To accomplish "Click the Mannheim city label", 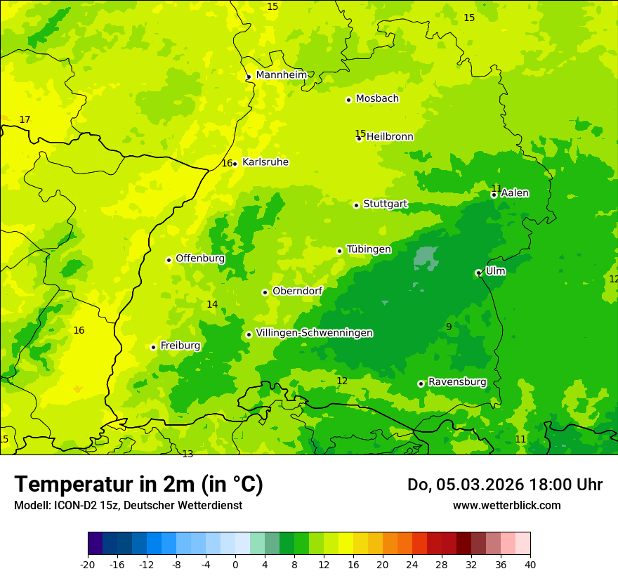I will tap(281, 75).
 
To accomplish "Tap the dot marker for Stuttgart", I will tap(356, 205).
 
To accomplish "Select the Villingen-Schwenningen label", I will tap(314, 333).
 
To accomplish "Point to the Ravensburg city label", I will tap(456, 382).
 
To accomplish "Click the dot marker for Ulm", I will tap(478, 273).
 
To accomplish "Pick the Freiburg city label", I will tap(180, 346).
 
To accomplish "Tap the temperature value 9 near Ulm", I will tap(449, 327).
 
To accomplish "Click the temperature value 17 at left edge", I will tap(25, 120).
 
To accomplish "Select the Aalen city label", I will tap(515, 193).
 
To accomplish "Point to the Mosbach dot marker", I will tap(348, 100).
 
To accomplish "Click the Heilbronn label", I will tap(390, 137).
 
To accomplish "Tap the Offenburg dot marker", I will tap(169, 260).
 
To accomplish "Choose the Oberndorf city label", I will tap(297, 291).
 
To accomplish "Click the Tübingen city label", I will tap(369, 249).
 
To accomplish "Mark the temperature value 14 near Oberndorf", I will tap(212, 304).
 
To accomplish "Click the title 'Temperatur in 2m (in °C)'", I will tap(138, 484).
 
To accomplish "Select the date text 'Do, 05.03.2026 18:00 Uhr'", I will tap(504, 485).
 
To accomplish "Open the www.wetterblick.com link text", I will tap(506, 505).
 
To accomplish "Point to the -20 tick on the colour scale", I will tap(88, 564).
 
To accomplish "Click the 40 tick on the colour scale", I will tap(530, 564).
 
